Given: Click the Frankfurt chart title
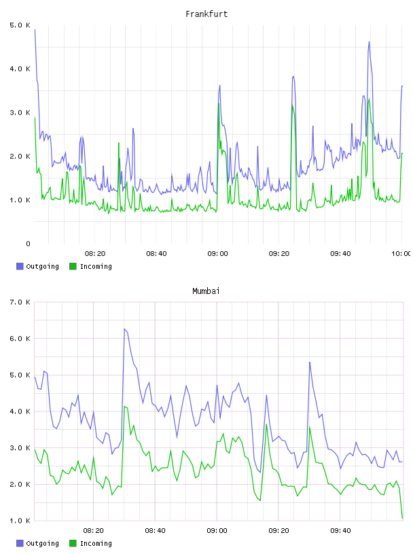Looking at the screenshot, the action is [206, 14].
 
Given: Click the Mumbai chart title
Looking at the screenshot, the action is [206, 291].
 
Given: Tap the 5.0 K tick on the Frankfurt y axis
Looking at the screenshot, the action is [20, 25].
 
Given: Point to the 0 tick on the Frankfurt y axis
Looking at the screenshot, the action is [28, 244].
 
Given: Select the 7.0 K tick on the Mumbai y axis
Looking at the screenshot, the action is [20, 302].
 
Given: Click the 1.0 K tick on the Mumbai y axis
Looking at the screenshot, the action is [20, 521].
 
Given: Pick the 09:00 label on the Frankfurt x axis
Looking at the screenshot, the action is [217, 254].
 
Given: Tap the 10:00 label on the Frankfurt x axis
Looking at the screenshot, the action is [401, 254].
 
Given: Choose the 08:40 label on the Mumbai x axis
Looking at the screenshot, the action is [156, 531].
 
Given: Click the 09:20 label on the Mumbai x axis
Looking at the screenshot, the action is [279, 531].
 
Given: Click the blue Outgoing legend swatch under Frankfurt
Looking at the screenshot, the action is [20, 266].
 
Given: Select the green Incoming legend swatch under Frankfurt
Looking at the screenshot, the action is [73, 266].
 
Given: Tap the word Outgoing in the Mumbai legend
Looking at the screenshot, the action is [42, 544].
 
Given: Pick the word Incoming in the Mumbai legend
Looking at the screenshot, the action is [96, 544].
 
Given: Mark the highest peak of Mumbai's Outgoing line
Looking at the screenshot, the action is [124, 329].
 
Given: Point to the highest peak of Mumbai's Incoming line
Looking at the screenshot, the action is [124, 407].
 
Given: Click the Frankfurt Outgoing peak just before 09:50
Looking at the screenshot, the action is [369, 41].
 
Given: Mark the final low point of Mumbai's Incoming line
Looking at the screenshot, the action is [402, 518].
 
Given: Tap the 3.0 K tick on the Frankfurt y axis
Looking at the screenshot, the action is [20, 113].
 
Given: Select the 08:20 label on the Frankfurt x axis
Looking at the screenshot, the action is [95, 254].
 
